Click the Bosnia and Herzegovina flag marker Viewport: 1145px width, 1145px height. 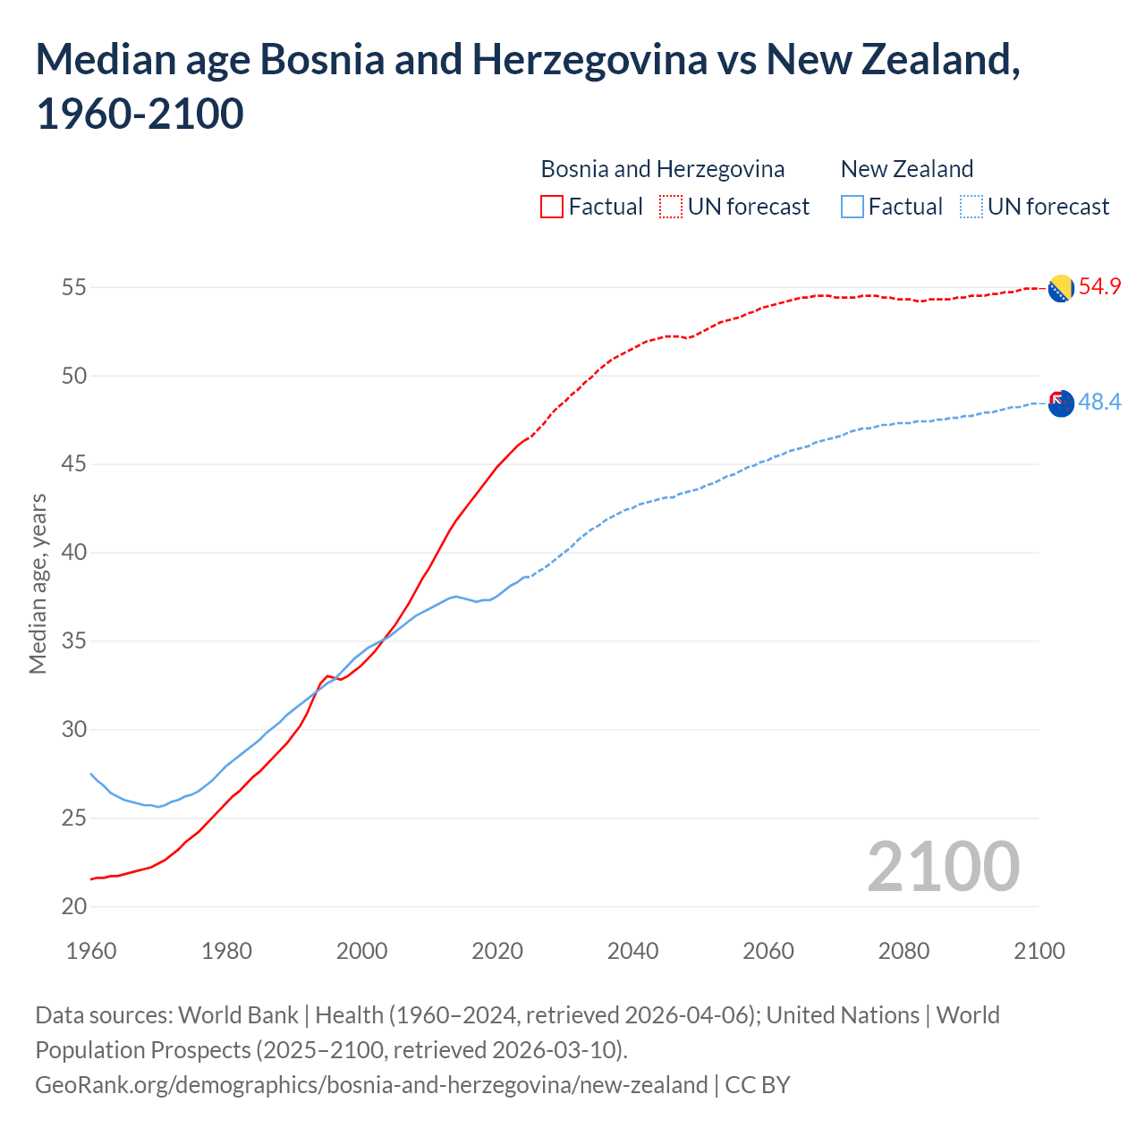(x=1060, y=289)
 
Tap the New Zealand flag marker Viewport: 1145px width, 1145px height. (x=1060, y=403)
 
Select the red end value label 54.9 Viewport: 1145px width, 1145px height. (x=1099, y=287)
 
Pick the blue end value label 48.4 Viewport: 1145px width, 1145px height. (x=1099, y=403)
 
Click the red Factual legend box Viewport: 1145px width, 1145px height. (x=552, y=207)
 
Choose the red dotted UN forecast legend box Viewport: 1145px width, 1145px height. (x=671, y=207)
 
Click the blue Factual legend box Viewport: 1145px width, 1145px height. (x=852, y=207)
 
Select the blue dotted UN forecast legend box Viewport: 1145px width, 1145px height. (x=971, y=207)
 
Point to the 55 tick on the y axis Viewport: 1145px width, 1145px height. (x=73, y=288)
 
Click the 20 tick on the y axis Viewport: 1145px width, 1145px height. (x=73, y=906)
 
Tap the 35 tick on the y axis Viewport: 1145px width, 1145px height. (x=73, y=641)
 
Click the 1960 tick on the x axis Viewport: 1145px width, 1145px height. (x=91, y=951)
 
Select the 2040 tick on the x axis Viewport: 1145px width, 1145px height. (x=632, y=951)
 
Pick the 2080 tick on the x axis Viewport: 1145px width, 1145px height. (x=903, y=951)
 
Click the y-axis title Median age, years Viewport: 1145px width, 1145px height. (x=38, y=583)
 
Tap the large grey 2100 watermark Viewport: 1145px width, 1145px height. (x=943, y=866)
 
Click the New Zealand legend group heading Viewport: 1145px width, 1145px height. (x=906, y=169)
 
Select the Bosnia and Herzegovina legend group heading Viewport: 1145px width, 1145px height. (x=662, y=169)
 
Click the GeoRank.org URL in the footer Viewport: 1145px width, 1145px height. (x=371, y=1085)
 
